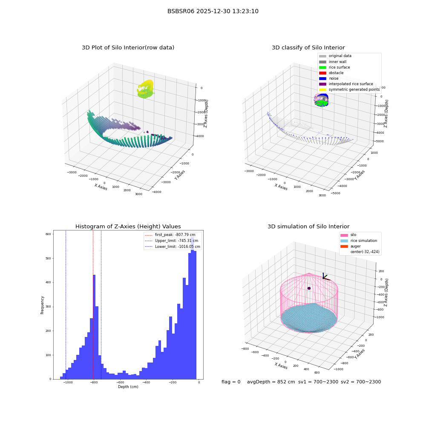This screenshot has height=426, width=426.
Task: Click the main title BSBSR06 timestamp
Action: click(213, 11)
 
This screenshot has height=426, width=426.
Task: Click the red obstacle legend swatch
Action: click(322, 73)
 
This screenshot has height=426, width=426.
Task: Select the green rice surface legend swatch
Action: click(322, 67)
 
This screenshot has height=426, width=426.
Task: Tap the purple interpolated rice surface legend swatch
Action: click(322, 84)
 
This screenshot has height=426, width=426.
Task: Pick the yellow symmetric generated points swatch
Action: click(322, 89)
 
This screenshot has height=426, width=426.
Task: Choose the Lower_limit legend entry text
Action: click(177, 247)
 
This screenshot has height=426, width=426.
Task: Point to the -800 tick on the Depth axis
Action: click(94, 383)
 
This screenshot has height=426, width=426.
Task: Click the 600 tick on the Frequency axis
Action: click(48, 234)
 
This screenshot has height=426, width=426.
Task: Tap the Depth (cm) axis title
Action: click(128, 387)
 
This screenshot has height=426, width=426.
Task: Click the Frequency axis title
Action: click(42, 305)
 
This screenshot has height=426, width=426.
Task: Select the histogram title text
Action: click(128, 226)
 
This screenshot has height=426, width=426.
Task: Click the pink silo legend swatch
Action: click(344, 235)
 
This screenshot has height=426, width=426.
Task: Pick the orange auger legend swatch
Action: click(344, 246)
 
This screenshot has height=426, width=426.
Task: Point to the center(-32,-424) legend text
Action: click(365, 252)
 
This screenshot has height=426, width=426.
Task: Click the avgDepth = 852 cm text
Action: click(271, 382)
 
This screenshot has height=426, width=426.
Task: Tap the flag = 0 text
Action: click(231, 382)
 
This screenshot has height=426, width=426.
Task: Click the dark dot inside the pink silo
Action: click(309, 288)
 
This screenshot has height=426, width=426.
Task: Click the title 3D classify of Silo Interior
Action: click(308, 48)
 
